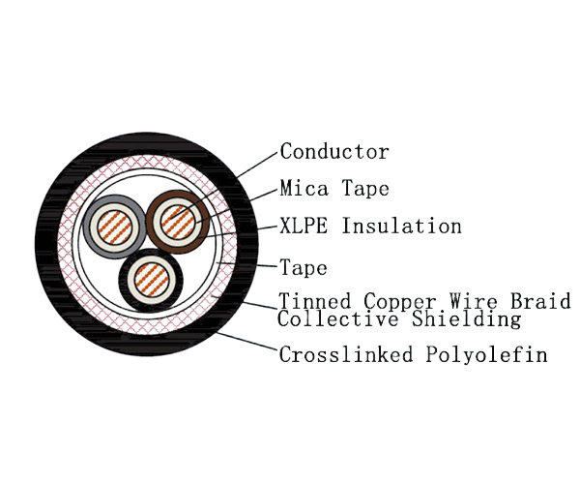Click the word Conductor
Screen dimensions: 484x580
coord(334,152)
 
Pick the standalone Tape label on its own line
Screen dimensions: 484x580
coord(304,268)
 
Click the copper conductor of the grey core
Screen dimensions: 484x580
coord(113,228)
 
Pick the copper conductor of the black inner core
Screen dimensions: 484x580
coord(150,278)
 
